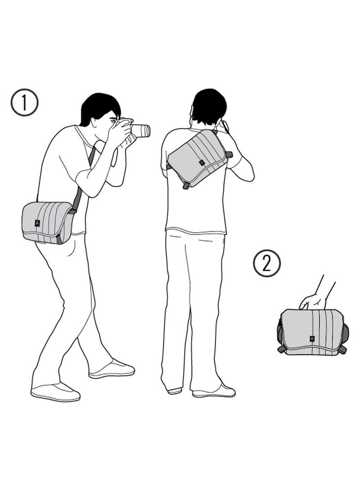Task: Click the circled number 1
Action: point(24,103)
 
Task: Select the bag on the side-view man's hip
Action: point(47,222)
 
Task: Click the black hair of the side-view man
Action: point(99,107)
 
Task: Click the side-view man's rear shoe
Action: point(55,392)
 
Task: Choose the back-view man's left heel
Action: point(175,390)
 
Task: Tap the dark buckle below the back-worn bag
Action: point(185,185)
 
